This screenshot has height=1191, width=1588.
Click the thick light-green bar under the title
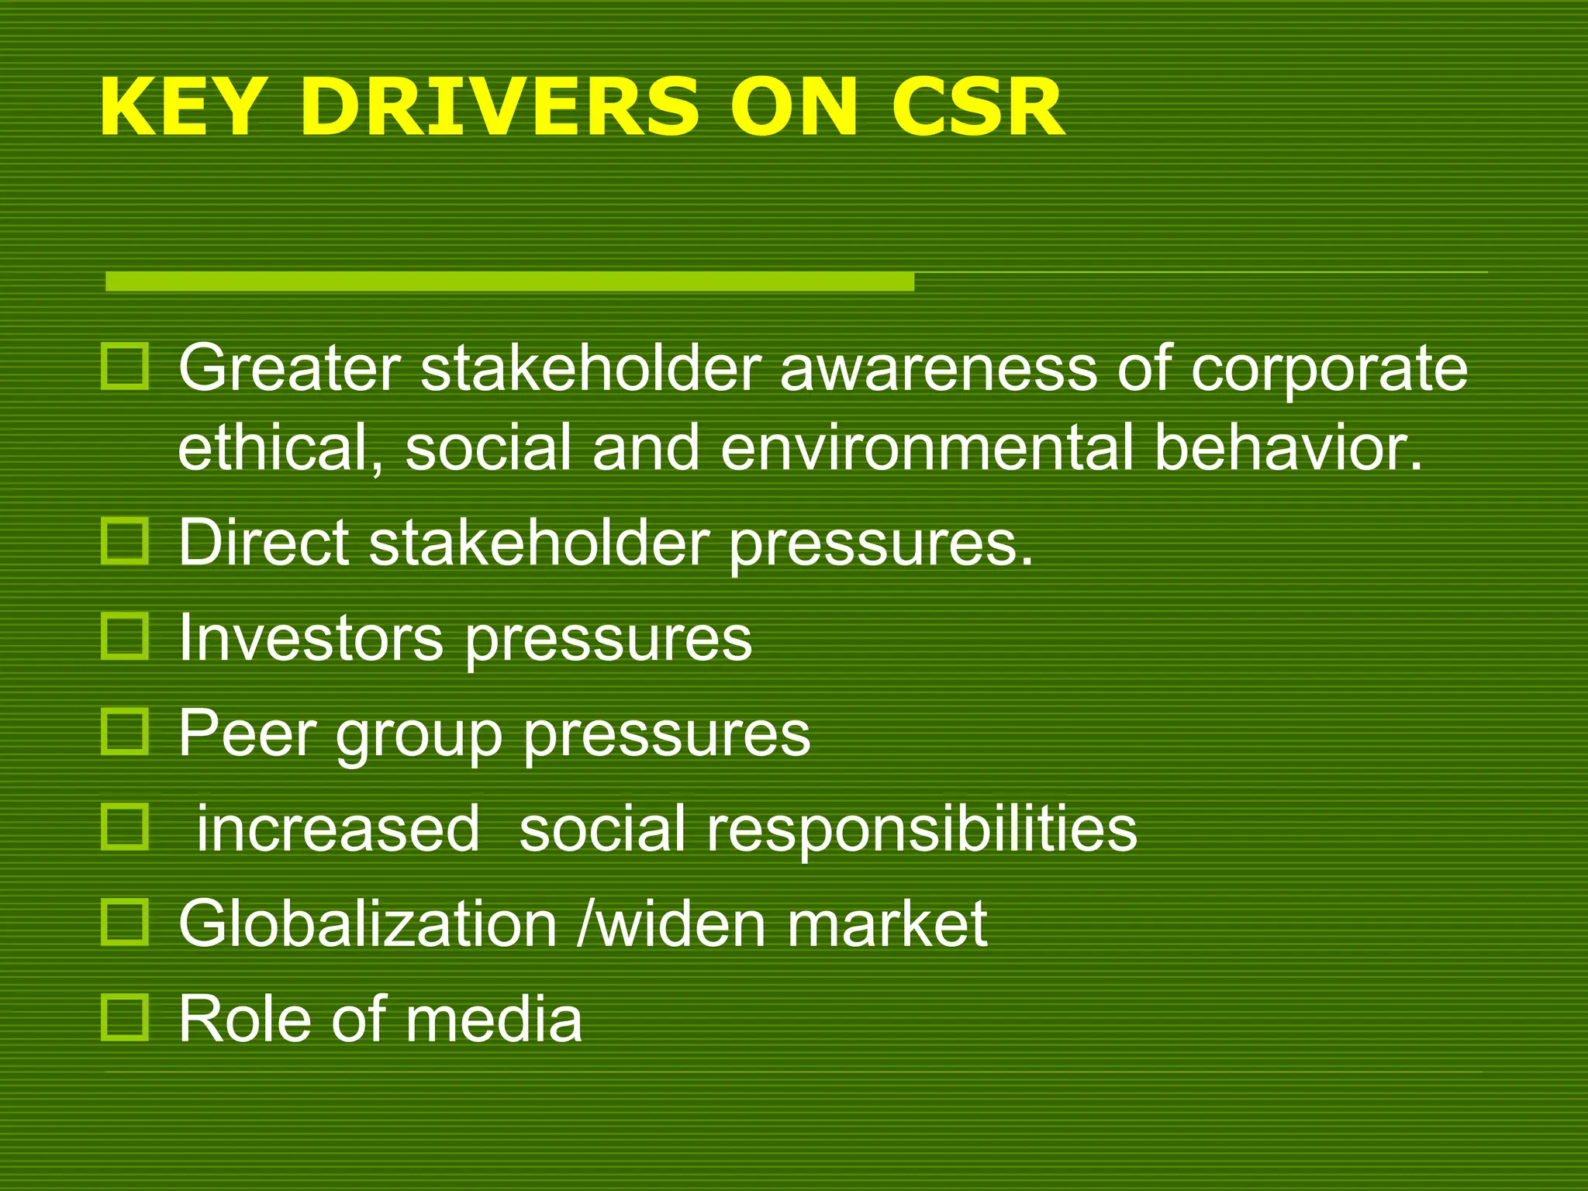[509, 281]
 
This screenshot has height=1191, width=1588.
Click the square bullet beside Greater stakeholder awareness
[124, 368]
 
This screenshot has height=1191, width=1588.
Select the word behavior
[1287, 448]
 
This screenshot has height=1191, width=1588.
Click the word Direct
[264, 543]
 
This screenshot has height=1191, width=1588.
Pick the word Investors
[310, 638]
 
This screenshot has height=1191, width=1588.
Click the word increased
[338, 829]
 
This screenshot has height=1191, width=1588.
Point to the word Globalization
[368, 923]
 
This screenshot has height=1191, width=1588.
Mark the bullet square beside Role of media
[124, 1017]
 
